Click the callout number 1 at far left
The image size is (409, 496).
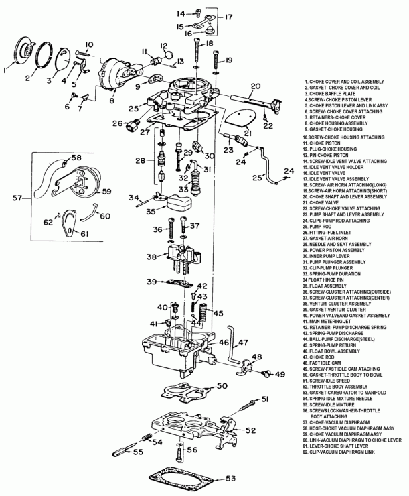(6, 68)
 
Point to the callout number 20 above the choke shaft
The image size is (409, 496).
(255, 85)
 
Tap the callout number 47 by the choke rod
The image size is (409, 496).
(244, 343)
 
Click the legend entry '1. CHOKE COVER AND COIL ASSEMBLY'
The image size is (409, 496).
(343, 80)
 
